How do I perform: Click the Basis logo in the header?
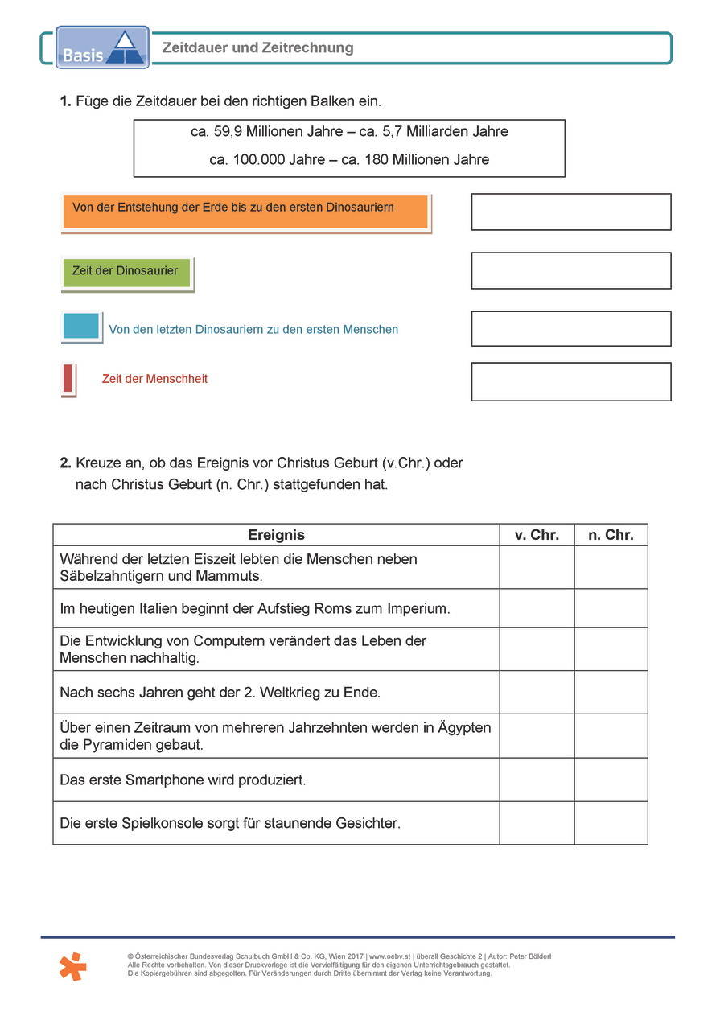(102, 47)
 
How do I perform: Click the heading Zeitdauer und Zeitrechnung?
(257, 48)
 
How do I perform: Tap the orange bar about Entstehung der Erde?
(245, 212)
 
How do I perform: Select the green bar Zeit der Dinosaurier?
(126, 274)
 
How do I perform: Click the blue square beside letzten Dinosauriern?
(80, 327)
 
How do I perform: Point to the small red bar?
(68, 378)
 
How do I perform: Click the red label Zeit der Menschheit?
(154, 379)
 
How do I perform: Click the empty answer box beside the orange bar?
(570, 212)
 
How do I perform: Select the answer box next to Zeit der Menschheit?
(570, 381)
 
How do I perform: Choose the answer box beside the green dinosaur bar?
(570, 270)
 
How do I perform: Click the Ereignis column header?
(276, 535)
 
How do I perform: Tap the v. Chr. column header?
(537, 535)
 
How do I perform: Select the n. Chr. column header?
(611, 535)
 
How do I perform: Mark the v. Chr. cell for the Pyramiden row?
(537, 735)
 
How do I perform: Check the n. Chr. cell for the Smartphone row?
(611, 780)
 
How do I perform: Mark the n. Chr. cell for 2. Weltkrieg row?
(611, 692)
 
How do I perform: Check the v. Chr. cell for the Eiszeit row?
(537, 567)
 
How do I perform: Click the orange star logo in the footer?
(73, 965)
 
